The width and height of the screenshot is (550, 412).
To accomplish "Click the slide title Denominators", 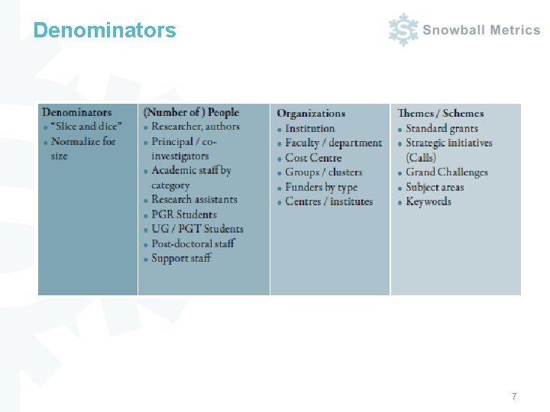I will pos(105,31).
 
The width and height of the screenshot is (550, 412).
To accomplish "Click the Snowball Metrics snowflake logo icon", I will pos(403,30).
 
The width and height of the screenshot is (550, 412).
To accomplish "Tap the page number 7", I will pos(514,397).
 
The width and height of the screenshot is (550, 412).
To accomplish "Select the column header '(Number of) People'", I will pos(191,112).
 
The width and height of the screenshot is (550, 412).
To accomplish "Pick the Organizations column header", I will pos(311,114).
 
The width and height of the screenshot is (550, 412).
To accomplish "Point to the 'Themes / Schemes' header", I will pos(440,114).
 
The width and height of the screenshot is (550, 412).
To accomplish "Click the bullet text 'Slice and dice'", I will pos(86,127).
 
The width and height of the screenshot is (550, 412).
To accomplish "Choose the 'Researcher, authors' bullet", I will pos(196,127).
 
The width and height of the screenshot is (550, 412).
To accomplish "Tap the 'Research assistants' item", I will pos(194,200).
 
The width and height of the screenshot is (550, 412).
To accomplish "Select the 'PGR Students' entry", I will pos(184,214).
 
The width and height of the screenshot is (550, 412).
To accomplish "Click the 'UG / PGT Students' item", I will pos(197,229).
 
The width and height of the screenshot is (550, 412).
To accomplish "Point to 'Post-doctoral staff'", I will pos(193,243).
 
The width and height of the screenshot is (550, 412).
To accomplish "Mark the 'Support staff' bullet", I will pos(181,258).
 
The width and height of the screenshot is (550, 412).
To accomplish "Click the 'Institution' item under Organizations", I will pos(310,128).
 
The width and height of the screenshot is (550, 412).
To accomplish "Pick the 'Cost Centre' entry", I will pos(313,157).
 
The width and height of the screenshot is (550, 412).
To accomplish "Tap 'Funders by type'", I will pos(321,187).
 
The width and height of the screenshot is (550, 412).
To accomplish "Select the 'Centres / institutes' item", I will pos(329,201).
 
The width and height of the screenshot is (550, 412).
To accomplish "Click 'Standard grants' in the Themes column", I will pos(442,128).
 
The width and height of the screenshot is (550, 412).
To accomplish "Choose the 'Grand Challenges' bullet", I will pos(447,172).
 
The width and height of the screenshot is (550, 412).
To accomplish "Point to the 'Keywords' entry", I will pos(429,201).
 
